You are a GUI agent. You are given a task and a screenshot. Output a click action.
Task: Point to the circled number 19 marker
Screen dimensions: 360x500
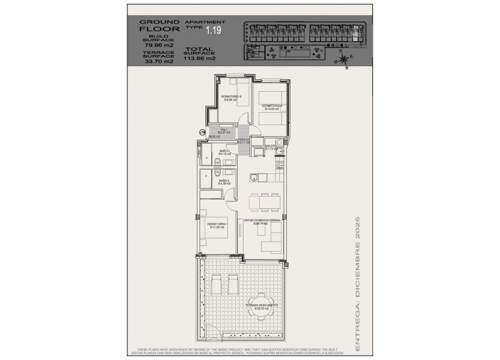201,132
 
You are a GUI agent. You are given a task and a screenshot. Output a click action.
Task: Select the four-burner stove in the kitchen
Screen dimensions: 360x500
279,162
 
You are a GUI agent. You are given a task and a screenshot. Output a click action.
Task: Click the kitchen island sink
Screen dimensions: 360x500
254,178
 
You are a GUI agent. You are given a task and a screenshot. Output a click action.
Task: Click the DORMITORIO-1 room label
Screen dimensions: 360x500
216,225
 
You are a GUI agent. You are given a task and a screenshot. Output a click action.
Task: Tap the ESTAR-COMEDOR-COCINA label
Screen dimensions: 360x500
263,222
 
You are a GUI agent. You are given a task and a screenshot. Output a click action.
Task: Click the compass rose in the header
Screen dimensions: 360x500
344,59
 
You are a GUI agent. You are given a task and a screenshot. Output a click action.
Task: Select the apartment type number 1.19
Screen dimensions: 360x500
213,31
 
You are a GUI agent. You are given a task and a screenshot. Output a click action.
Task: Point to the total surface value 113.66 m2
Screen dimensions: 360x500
200,58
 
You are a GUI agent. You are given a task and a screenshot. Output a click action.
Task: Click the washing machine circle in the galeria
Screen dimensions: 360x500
278,144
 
